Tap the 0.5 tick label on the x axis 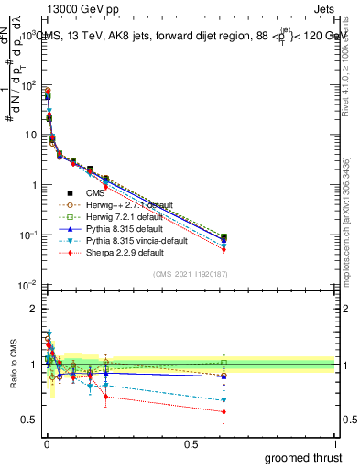point(190,443)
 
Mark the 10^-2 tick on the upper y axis point(27,285)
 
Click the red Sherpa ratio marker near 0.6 point(224,411)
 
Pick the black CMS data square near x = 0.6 point(224,237)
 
